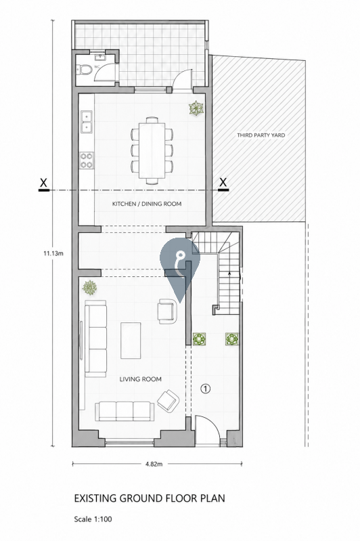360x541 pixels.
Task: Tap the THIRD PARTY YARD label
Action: pos(261,135)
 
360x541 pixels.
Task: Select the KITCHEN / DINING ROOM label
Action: pos(147,204)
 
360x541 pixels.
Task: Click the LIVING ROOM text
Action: pos(140,379)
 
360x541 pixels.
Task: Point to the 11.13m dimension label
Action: pos(53,253)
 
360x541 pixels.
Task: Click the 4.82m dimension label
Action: pos(154,464)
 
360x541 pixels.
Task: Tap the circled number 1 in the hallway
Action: pos(206,389)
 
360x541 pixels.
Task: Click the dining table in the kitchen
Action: pos(152,150)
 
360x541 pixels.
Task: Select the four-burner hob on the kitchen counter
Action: pos(87,160)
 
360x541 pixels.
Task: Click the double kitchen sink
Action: pos(87,121)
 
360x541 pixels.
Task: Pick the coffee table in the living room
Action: pos(131,341)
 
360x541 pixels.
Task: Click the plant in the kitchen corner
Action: pos(196,108)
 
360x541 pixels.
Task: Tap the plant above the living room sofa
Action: pos(89,288)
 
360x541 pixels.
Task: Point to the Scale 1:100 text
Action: pos(93,519)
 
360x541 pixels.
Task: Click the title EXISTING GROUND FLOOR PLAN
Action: pos(150,498)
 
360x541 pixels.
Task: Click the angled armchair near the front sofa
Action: pos(168,401)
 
